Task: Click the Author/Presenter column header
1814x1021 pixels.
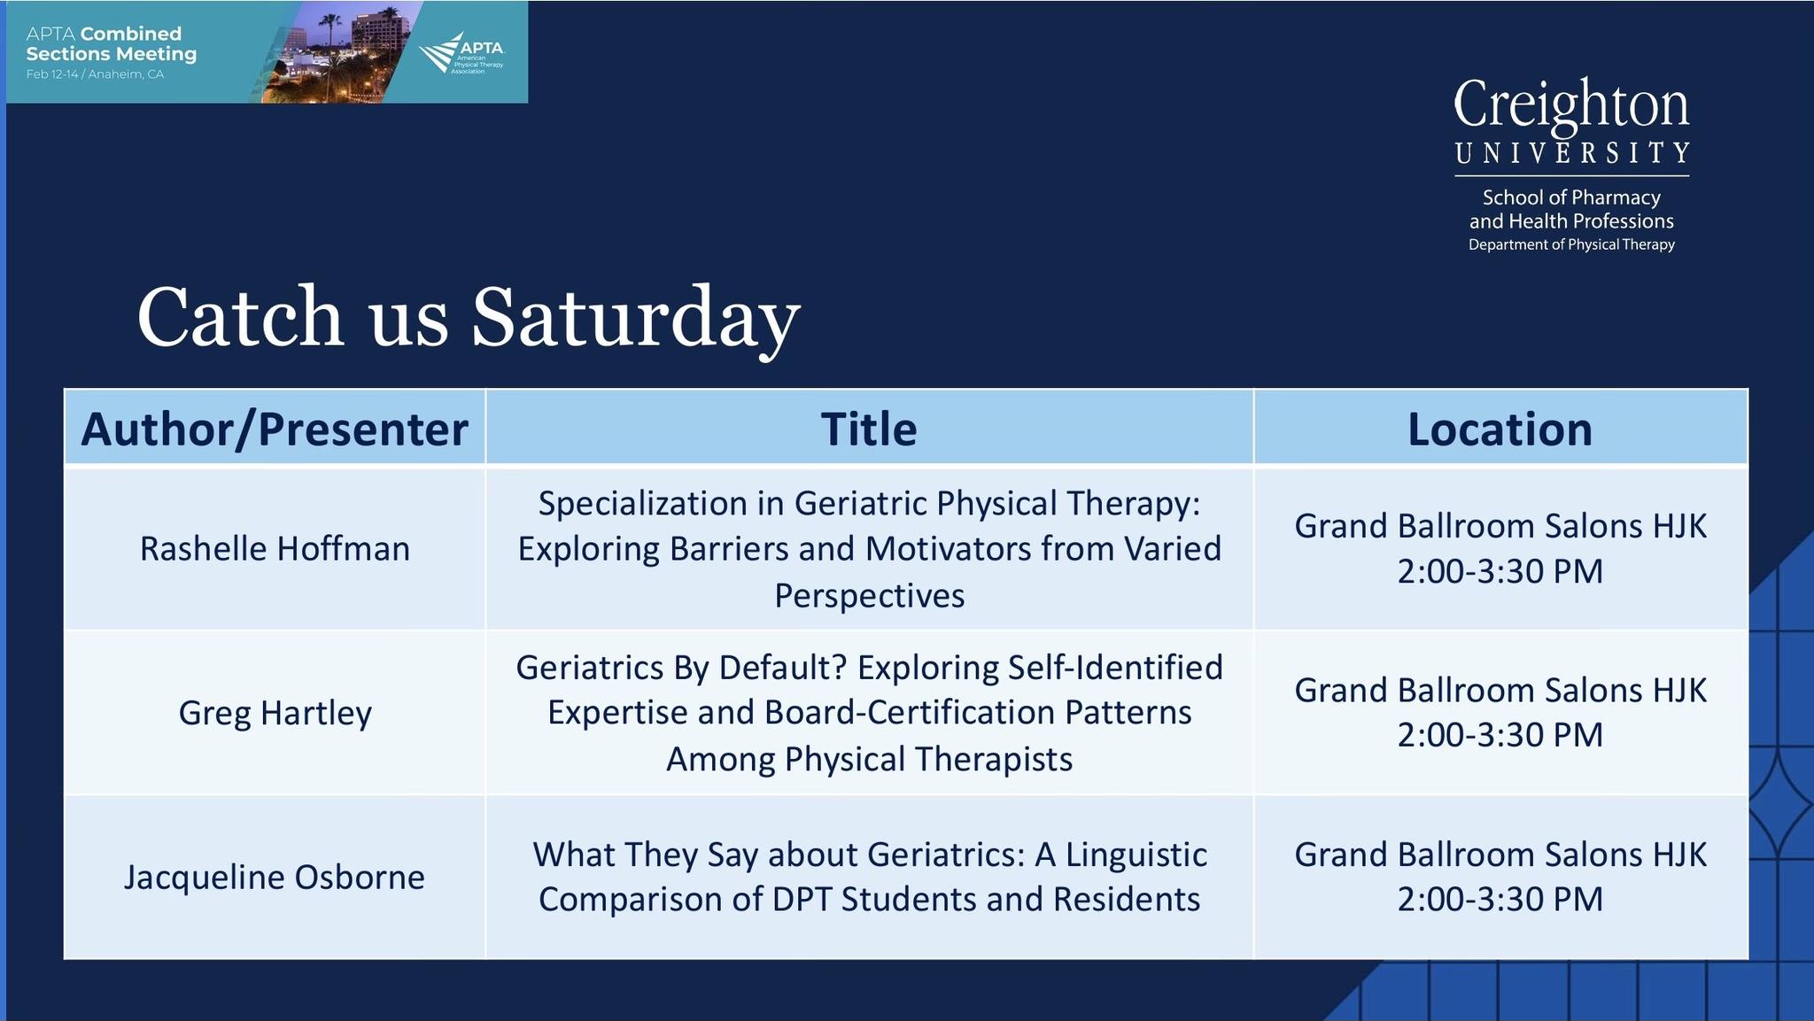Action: pyautogui.click(x=275, y=429)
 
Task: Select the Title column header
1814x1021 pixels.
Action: pyautogui.click(x=869, y=429)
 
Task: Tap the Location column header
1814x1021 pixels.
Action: pyautogui.click(x=1500, y=429)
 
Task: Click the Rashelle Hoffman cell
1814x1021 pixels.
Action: pyautogui.click(x=275, y=549)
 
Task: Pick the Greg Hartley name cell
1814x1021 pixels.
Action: pyautogui.click(x=275, y=714)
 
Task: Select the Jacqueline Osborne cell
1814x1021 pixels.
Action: pyautogui.click(x=275, y=878)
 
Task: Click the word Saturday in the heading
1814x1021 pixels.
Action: pyautogui.click(x=635, y=319)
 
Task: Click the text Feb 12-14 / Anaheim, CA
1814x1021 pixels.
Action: pyautogui.click(x=95, y=74)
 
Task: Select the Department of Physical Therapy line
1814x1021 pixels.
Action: pyautogui.click(x=1571, y=244)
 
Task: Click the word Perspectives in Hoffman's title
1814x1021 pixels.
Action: pyautogui.click(x=869, y=596)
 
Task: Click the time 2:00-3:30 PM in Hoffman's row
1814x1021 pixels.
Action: pyautogui.click(x=1500, y=572)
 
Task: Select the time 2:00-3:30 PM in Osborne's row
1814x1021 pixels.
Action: pyautogui.click(x=1500, y=900)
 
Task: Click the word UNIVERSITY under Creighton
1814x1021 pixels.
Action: pyautogui.click(x=1571, y=153)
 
